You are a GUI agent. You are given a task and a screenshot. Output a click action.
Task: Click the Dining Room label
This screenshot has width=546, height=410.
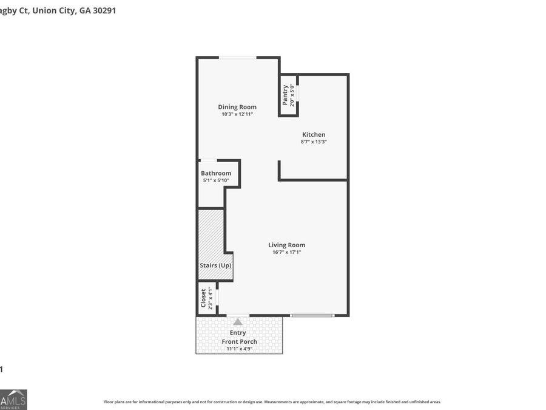(x=237, y=107)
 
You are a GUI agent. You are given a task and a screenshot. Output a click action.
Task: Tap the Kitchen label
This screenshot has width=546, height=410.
(x=314, y=135)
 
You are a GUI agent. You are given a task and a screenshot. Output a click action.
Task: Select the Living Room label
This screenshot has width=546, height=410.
(x=286, y=245)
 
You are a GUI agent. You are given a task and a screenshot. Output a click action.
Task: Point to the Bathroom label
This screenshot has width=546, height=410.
(x=216, y=173)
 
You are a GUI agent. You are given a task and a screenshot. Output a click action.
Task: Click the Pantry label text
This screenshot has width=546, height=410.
(x=286, y=95)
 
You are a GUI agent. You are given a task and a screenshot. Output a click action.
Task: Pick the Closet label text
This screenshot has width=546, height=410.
(x=204, y=299)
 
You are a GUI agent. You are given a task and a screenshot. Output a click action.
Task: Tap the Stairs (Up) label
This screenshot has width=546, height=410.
(x=215, y=265)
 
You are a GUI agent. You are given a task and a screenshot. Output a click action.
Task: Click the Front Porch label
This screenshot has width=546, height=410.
(x=239, y=341)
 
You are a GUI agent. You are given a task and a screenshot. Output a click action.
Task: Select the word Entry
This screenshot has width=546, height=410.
(x=238, y=332)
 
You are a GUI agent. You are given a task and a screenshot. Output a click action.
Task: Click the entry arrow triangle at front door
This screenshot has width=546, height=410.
(x=238, y=322)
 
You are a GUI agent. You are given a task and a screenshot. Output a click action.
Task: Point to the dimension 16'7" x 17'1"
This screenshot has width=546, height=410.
(x=286, y=252)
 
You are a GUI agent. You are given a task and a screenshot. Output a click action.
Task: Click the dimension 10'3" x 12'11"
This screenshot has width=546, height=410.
(x=237, y=114)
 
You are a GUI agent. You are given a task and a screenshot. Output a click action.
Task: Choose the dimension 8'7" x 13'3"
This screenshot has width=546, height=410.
(x=314, y=142)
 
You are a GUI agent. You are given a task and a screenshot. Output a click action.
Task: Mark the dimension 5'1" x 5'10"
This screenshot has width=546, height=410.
(x=217, y=180)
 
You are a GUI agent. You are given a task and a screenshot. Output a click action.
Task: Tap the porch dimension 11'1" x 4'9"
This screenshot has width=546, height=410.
(x=239, y=349)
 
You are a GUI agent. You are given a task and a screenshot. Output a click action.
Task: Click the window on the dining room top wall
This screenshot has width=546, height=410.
(x=237, y=58)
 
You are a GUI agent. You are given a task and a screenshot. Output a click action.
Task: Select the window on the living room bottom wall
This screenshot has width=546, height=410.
(x=312, y=315)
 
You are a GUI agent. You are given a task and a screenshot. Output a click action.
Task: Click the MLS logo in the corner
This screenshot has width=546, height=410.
(x=13, y=399)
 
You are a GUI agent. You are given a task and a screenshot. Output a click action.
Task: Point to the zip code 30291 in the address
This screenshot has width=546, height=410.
(x=103, y=10)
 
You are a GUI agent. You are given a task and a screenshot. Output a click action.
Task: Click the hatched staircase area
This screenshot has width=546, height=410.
(x=211, y=234)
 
